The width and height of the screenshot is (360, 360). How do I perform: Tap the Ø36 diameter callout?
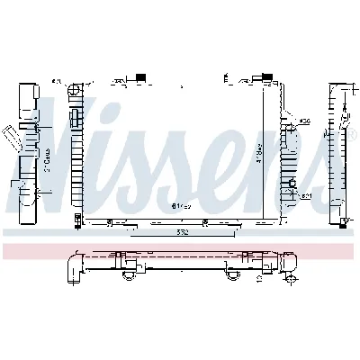tap(305, 121)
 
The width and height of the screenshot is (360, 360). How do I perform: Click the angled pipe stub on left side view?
tap(12, 135)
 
